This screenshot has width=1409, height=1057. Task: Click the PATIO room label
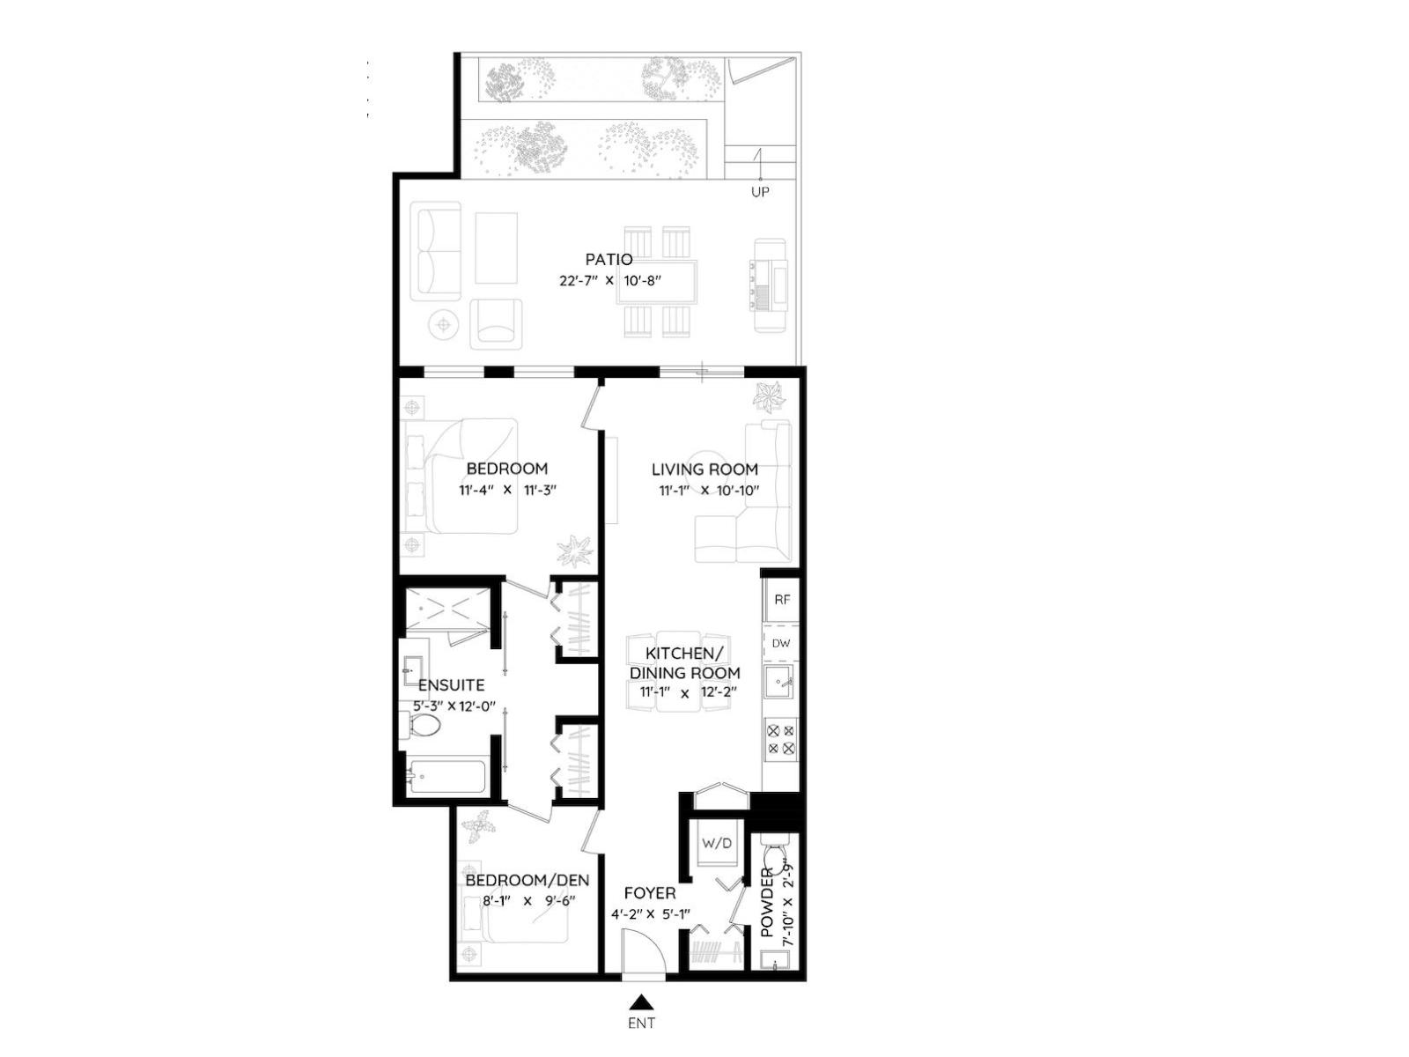point(609,259)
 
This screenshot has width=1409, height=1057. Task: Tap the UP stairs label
point(759,191)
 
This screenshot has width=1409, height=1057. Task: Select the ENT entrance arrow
point(642,1002)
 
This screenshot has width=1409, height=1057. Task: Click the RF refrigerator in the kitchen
point(781,599)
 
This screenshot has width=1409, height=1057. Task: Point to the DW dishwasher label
point(781,643)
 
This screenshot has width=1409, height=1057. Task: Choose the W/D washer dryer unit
point(717,843)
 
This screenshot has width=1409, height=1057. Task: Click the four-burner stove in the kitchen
point(781,739)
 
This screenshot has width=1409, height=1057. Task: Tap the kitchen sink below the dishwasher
point(780,682)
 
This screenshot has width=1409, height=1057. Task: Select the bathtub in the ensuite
point(446,777)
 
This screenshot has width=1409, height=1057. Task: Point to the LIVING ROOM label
point(704,469)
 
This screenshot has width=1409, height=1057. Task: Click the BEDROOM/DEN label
point(527,880)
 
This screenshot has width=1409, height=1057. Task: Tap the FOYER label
point(650,893)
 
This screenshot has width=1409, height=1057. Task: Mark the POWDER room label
point(767,902)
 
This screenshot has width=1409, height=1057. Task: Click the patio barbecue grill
point(769,284)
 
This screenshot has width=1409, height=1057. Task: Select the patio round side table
point(444,324)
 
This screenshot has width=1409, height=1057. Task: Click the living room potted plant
point(769,395)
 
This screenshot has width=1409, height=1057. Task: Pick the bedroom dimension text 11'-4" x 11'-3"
point(507,491)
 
